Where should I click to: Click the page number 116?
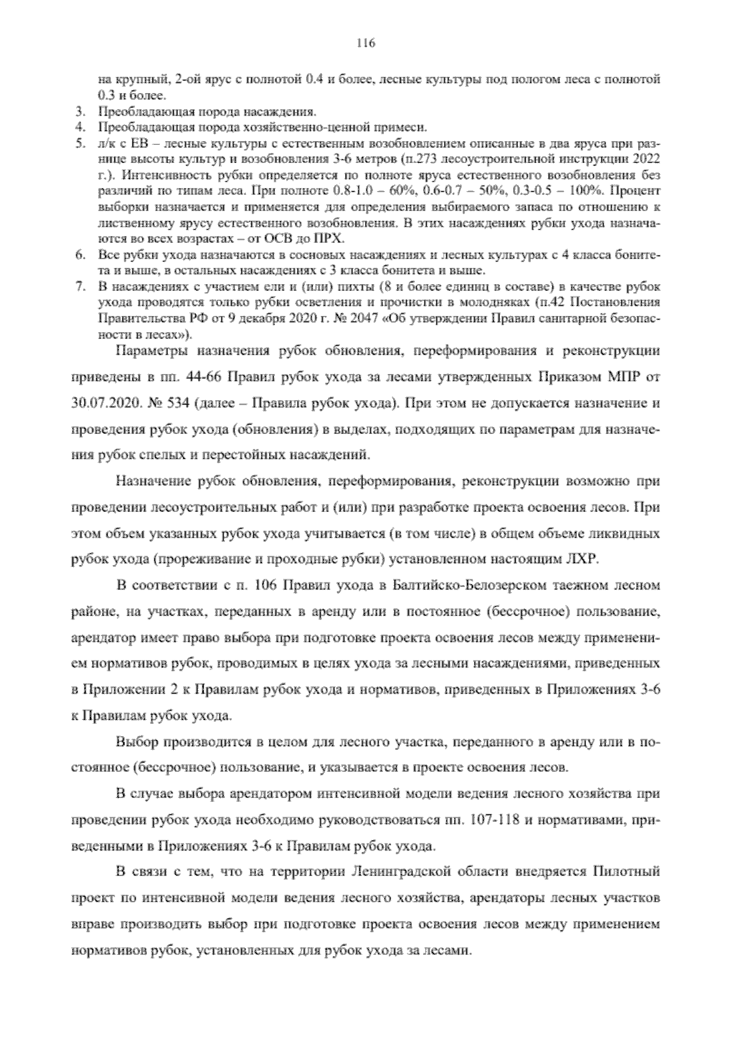(x=366, y=43)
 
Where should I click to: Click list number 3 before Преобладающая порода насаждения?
(x=79, y=112)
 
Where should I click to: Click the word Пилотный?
(x=627, y=873)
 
